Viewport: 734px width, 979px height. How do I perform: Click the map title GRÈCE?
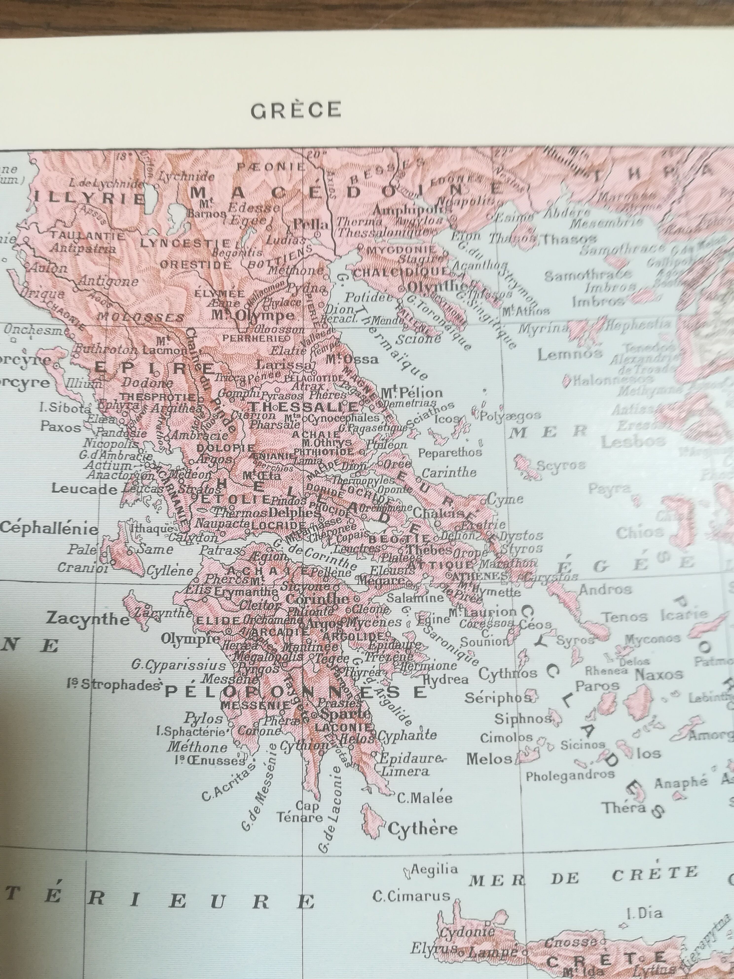pyautogui.click(x=295, y=111)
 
